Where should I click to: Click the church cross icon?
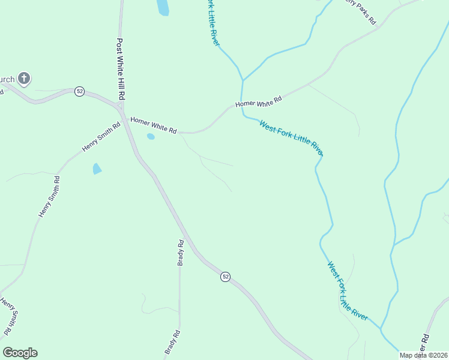coord(24,78)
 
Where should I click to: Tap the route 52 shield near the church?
coord(80,91)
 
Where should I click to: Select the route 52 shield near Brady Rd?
coord(225,277)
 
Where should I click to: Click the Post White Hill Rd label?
coord(121,69)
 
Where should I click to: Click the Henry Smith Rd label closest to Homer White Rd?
coord(101,137)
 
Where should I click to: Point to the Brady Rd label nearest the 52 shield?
coord(180,253)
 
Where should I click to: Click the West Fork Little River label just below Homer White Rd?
coord(291,138)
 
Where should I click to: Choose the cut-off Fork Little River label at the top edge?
coord(214,23)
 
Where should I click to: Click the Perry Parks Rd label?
coord(360,11)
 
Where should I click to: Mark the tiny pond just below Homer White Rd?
coord(151,137)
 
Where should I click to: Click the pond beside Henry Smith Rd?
coord(97,169)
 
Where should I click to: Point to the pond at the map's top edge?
coord(163,7)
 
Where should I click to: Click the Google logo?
coord(20,353)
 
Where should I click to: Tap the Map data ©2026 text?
coord(424,355)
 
